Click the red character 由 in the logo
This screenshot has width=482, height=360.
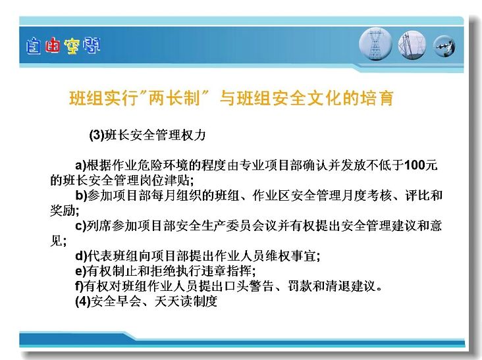click(52, 46)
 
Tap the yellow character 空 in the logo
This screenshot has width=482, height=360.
click(72, 46)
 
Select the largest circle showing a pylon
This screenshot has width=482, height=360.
click(375, 44)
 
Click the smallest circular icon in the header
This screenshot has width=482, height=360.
click(444, 46)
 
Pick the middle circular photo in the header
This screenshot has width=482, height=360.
click(412, 45)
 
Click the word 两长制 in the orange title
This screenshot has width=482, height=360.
click(174, 98)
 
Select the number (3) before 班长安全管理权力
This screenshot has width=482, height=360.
click(97, 135)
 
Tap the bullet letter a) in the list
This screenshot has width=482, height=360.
click(80, 166)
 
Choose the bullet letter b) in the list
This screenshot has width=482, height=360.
click(81, 195)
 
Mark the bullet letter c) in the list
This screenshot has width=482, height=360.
click(80, 226)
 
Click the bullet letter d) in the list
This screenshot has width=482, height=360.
click(81, 255)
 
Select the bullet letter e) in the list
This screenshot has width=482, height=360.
click(80, 271)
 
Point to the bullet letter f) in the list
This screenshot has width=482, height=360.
click(79, 286)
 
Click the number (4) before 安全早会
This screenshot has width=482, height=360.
click(83, 301)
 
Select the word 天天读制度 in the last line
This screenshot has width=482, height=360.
click(186, 301)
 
